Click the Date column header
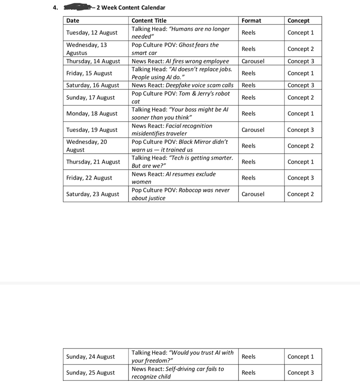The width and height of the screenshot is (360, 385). tap(73, 20)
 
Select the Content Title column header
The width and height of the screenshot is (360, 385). tap(149, 20)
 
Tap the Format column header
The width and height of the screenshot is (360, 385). tap(251, 20)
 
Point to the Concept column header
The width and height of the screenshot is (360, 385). tap(299, 20)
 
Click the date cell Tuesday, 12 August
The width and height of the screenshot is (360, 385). tap(92, 32)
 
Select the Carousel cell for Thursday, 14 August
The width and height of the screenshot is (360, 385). tap(253, 61)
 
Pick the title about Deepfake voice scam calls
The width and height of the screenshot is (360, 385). tap(183, 85)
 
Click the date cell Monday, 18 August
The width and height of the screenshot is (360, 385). tap(92, 113)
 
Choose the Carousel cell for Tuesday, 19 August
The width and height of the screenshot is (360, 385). tap(253, 130)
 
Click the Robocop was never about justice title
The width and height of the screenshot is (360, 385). tap(181, 194)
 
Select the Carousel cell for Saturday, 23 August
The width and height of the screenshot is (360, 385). tap(253, 194)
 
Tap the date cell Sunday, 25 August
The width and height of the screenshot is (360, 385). tap(90, 373)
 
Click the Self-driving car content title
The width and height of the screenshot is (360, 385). tap(178, 373)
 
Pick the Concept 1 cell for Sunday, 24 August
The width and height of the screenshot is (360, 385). tap(301, 357)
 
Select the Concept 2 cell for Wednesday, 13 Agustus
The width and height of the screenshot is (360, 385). tap(301, 49)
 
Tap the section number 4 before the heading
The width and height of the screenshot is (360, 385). tap(55, 8)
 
